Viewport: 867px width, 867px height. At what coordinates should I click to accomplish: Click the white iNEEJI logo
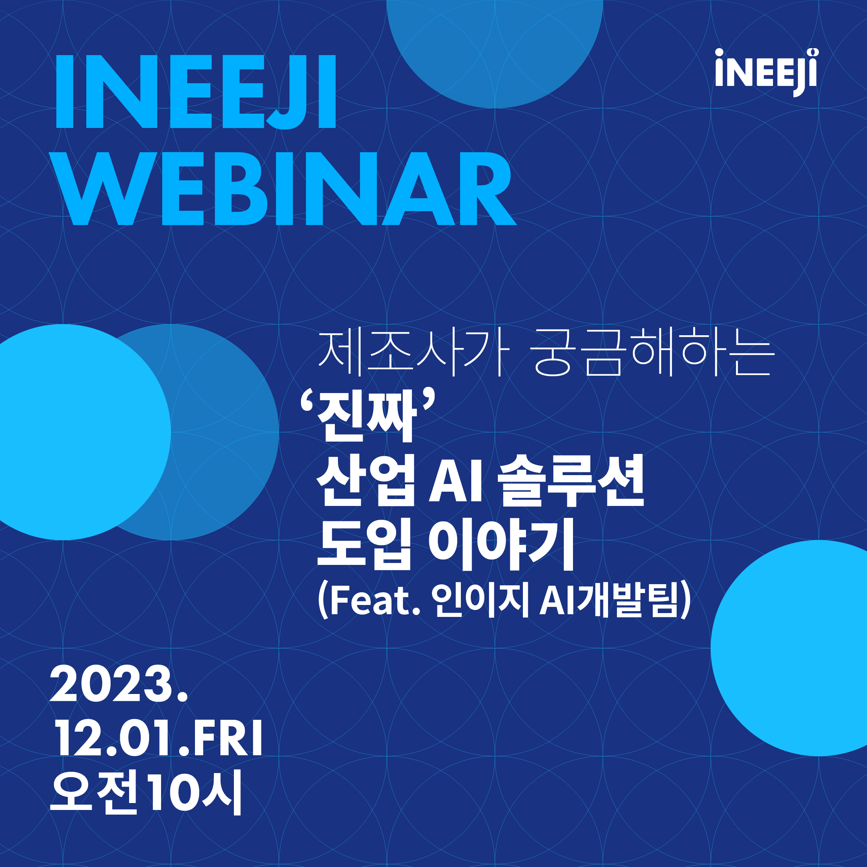tap(766, 73)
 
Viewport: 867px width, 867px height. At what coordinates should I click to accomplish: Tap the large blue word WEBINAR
tap(286, 188)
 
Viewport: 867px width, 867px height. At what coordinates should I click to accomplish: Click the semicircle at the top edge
tap(494, 54)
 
